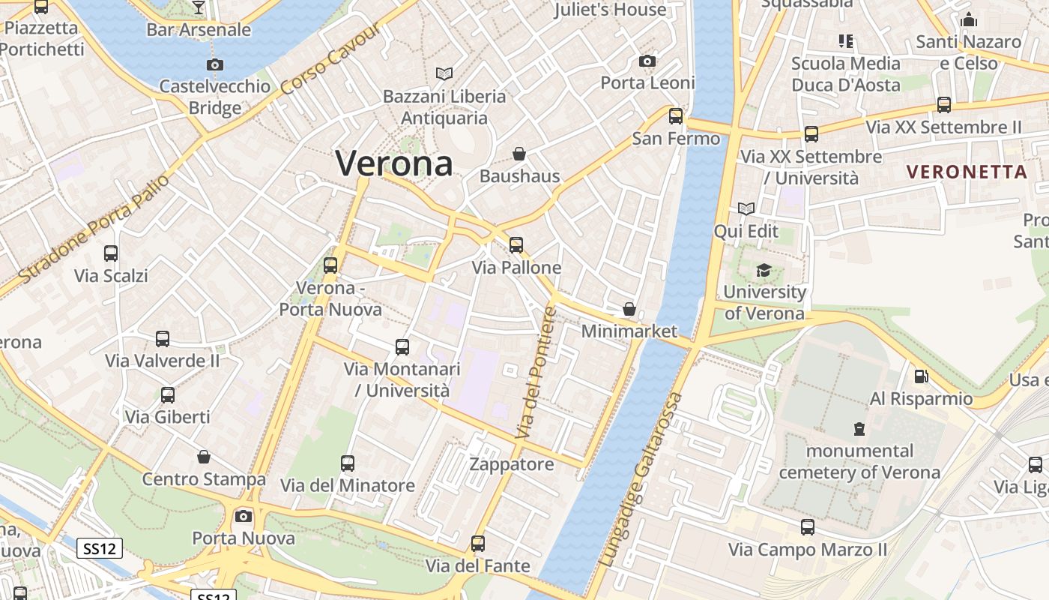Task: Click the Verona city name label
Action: pyautogui.click(x=394, y=163)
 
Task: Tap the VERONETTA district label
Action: pyautogui.click(x=967, y=172)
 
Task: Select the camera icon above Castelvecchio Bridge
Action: pyautogui.click(x=215, y=65)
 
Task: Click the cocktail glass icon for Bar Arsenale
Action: pyautogui.click(x=198, y=7)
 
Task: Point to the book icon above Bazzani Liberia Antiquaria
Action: pyautogui.click(x=444, y=73)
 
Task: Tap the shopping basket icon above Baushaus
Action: pyautogui.click(x=519, y=154)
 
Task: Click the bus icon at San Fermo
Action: pyautogui.click(x=676, y=116)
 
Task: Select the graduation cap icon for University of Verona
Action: pyautogui.click(x=764, y=270)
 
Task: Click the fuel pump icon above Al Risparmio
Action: pyautogui.click(x=921, y=376)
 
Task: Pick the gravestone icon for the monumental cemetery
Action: pyautogui.click(x=859, y=429)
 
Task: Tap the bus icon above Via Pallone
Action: pyautogui.click(x=516, y=245)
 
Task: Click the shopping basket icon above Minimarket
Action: pyautogui.click(x=629, y=309)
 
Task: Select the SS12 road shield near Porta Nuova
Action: pyautogui.click(x=100, y=549)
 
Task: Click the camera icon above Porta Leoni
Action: pyautogui.click(x=647, y=61)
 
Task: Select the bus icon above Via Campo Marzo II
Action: pyautogui.click(x=807, y=527)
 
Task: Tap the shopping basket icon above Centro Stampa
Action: pyautogui.click(x=204, y=457)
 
